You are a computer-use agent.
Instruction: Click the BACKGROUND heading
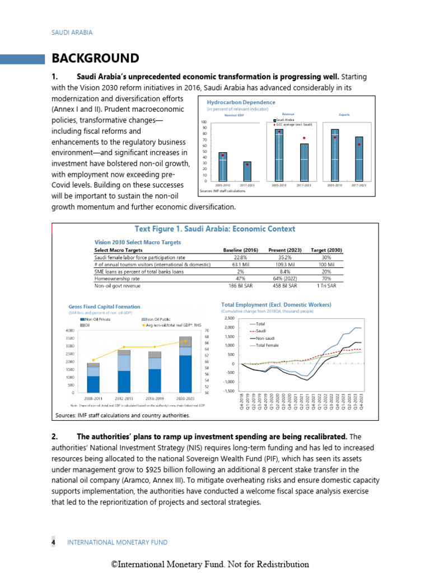coord(95,58)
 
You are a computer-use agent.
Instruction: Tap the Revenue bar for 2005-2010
coord(278,155)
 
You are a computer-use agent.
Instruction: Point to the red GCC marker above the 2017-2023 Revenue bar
coord(304,138)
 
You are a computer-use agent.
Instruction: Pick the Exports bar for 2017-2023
coord(359,159)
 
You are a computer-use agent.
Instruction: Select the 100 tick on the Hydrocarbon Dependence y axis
coord(203,122)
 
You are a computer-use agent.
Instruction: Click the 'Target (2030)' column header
coord(326,250)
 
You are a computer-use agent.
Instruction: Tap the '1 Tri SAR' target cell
coord(326,285)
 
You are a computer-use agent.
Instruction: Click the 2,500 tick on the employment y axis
coord(230,318)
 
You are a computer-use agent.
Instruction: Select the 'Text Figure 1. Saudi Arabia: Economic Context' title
coord(215,229)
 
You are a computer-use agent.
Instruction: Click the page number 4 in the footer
coord(54,542)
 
